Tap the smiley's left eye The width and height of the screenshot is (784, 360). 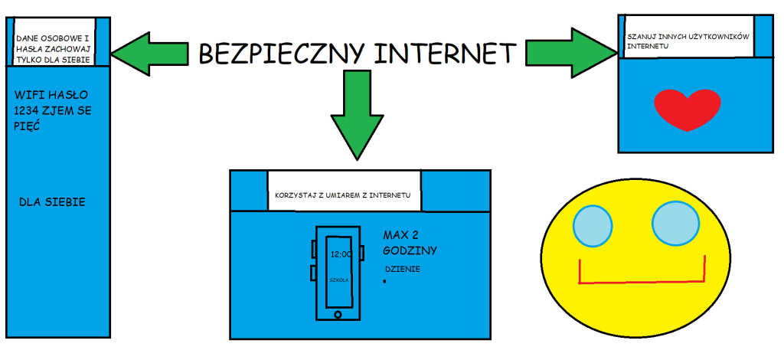click(593, 223)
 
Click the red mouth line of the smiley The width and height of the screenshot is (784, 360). click(642, 283)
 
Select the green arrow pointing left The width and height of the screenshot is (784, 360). click(150, 54)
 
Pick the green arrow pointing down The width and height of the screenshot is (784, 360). click(357, 115)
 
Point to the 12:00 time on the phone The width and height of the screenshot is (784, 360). click(341, 254)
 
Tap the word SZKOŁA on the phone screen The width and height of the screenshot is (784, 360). click(338, 280)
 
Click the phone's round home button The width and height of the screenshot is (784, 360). click(338, 315)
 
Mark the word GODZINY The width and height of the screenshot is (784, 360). click(410, 250)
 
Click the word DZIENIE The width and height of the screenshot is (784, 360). click(403, 270)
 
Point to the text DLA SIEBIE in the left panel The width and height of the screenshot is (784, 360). click(52, 202)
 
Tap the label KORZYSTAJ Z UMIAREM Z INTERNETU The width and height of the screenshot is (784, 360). click(343, 195)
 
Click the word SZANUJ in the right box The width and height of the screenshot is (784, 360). click(639, 37)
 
